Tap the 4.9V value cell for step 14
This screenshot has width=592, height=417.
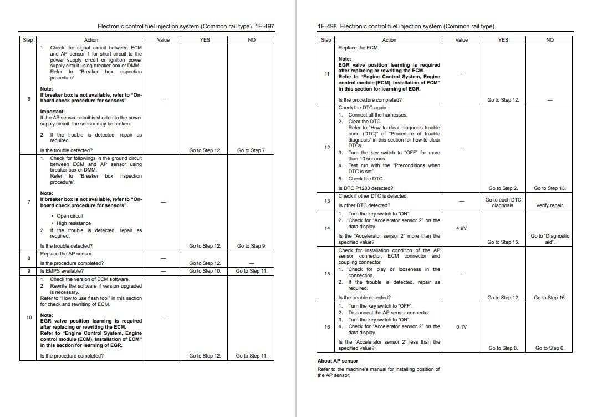(461, 228)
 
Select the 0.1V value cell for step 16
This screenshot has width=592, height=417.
(461, 327)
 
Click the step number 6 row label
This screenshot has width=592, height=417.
(28, 99)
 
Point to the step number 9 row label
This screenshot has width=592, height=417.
(28, 271)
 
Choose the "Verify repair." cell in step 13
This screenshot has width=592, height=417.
(550, 205)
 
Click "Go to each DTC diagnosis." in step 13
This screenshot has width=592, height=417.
(503, 203)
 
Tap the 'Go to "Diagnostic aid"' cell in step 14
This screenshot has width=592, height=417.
(550, 239)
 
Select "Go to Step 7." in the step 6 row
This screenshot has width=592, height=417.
(252, 150)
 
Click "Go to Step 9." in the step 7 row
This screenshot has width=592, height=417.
(252, 246)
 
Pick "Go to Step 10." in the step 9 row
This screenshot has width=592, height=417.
(205, 271)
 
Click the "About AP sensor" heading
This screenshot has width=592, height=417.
(338, 361)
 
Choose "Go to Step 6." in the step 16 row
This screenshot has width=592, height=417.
(550, 348)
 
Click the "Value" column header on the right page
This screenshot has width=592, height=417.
(461, 40)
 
